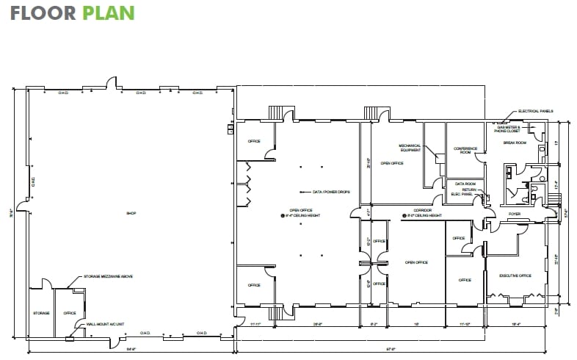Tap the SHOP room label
point(132,214)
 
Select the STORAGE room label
point(41,313)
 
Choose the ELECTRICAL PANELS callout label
point(535,111)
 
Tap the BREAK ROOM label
point(515,143)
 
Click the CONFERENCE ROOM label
point(465,150)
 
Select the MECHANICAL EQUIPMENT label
point(410,147)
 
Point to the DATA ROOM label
point(465,184)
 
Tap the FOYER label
point(515,214)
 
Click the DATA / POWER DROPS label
point(331,192)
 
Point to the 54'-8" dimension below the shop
point(131,348)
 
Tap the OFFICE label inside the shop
point(70,313)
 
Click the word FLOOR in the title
point(42,13)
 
